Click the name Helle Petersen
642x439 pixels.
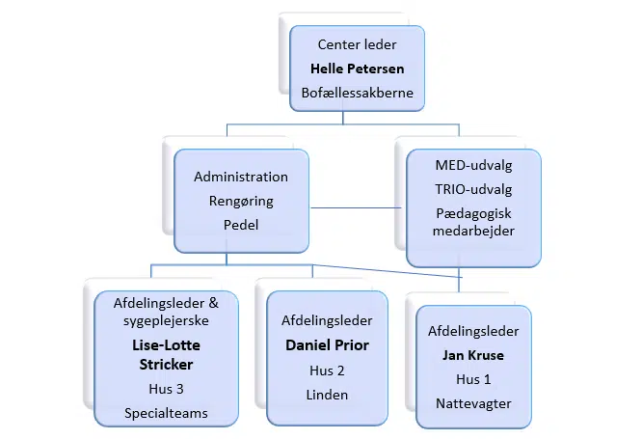(357, 69)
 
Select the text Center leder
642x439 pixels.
(357, 44)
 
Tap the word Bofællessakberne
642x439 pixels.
(357, 95)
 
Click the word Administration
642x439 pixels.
(241, 178)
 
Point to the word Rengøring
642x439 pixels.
(241, 202)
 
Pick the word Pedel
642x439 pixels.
(241, 226)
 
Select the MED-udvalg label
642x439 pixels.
(473, 166)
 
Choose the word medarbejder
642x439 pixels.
(473, 232)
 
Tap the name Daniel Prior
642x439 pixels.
(327, 345)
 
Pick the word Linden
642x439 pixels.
(327, 395)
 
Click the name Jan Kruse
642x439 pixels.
(473, 355)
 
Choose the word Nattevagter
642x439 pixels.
(473, 403)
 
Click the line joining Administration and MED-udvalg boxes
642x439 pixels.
(358, 206)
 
